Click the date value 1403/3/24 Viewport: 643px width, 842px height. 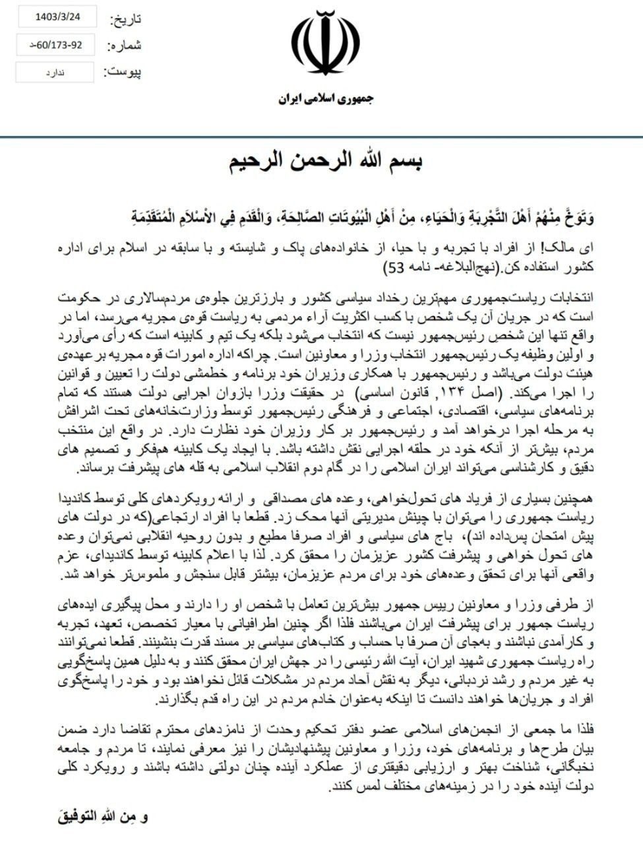tap(55, 18)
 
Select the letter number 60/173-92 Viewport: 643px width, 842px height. tap(55, 45)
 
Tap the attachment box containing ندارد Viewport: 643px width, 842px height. tap(55, 72)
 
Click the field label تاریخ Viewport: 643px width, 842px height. tap(125, 19)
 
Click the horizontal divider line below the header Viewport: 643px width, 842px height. tap(321, 137)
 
